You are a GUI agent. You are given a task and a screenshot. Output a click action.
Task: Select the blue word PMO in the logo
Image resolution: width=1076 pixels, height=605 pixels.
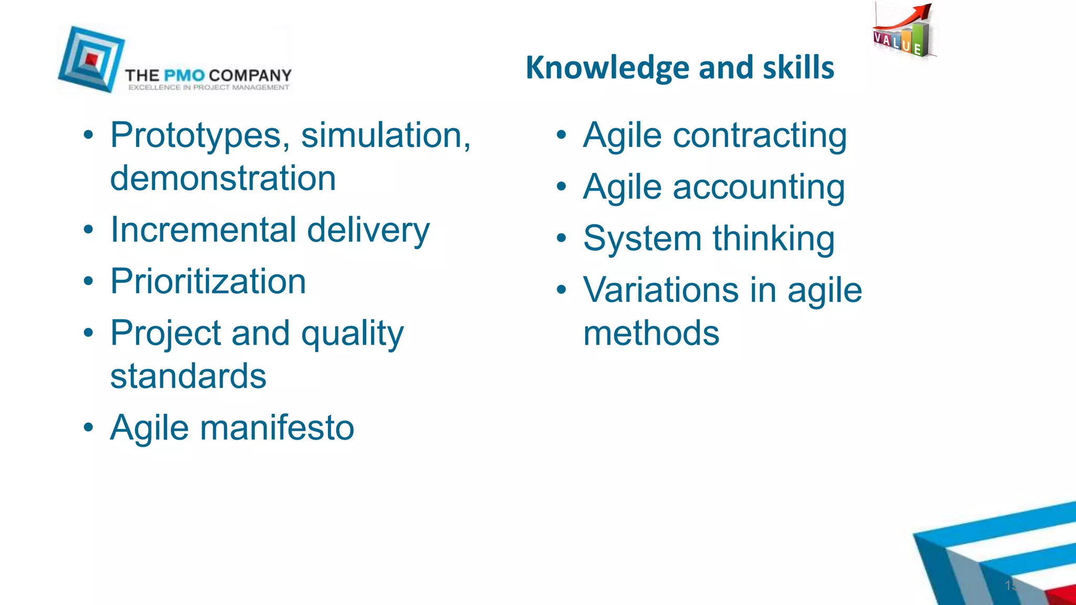coord(184,76)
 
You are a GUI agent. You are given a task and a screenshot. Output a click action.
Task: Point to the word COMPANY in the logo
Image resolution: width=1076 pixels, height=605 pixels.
coord(250,76)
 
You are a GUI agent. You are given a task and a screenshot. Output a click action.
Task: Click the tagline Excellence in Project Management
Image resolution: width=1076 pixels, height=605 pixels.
coord(209,88)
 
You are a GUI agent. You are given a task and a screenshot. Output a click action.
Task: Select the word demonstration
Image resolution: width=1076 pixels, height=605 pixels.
coord(223,179)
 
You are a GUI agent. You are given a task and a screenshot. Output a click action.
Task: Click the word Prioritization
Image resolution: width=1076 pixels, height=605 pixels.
coord(208,281)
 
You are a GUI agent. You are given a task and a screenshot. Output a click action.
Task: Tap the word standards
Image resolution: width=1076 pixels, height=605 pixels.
coord(188,376)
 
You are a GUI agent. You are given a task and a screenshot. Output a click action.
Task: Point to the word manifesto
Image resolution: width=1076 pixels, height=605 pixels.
coord(277,427)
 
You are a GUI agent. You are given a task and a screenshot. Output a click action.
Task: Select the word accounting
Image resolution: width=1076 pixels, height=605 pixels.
coord(759,187)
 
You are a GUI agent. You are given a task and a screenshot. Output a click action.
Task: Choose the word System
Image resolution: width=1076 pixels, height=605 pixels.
coord(642,239)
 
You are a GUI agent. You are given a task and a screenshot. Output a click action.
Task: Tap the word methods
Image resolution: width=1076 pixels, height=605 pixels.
coord(651,333)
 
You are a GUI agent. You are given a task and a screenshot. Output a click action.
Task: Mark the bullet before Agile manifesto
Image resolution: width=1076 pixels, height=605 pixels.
coord(89,427)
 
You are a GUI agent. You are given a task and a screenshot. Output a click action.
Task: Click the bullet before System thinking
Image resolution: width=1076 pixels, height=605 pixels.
coord(562,239)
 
